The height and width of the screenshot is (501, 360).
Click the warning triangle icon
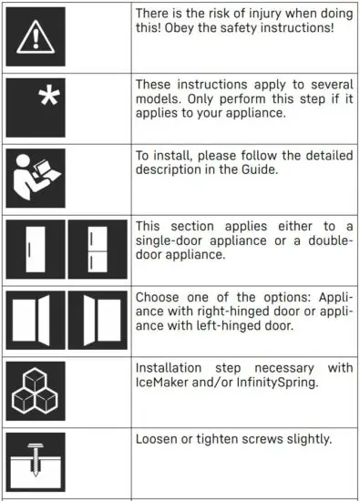[36, 36]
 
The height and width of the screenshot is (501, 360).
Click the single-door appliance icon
[35, 248]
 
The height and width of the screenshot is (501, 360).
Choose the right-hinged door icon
[35, 320]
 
